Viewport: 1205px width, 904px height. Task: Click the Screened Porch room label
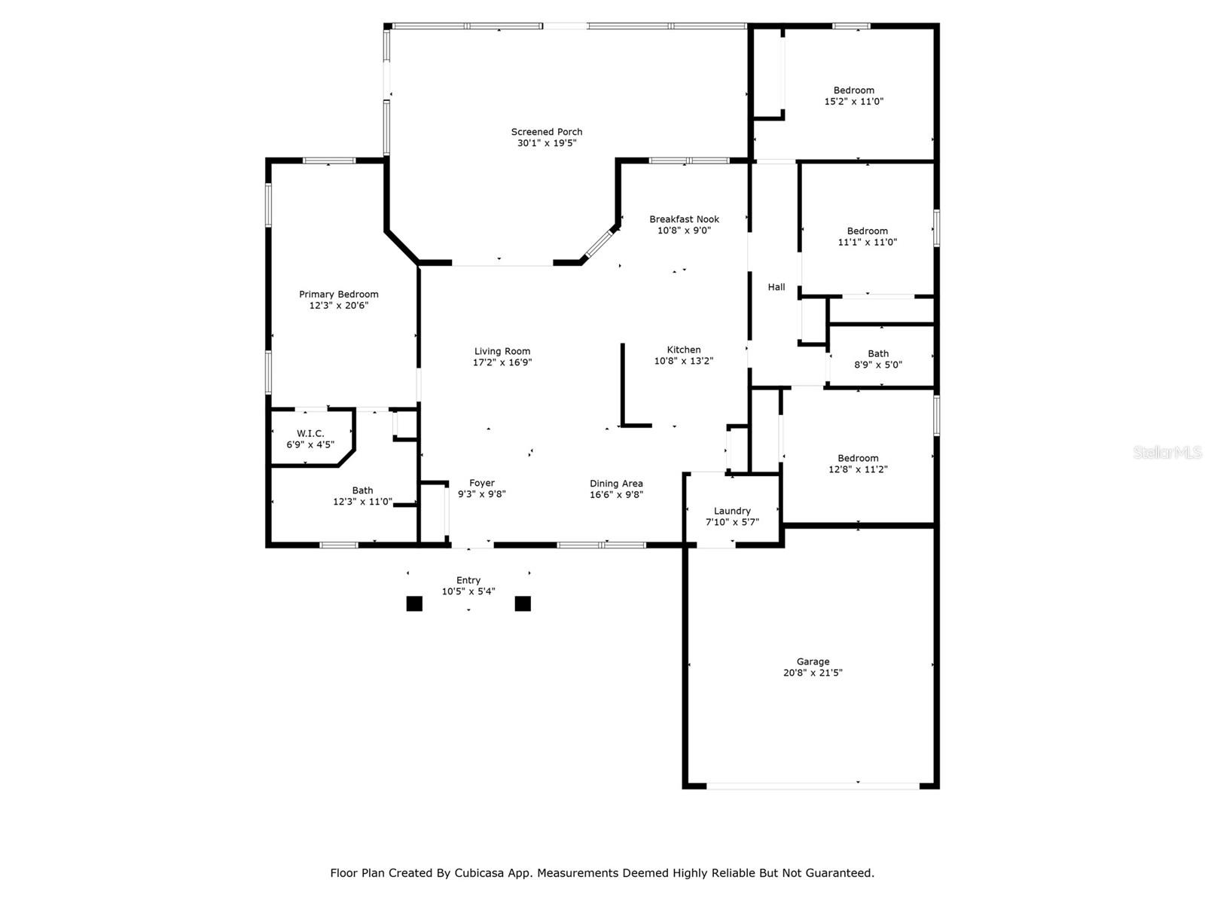tap(546, 132)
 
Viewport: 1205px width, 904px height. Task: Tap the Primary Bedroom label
tap(338, 295)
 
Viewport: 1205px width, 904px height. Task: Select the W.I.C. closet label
tap(310, 434)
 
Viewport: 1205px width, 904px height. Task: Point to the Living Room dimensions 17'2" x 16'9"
tap(502, 362)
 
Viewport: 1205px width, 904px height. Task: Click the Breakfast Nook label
tap(684, 219)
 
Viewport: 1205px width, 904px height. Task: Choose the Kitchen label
tap(684, 350)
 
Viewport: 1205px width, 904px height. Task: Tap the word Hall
tap(776, 286)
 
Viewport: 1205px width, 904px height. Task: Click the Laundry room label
tap(732, 511)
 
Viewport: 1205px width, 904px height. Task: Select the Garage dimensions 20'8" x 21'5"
tap(813, 673)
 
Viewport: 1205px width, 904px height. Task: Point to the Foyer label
tap(481, 483)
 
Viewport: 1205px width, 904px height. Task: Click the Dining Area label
tap(616, 484)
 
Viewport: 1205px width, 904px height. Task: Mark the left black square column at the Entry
tap(414, 603)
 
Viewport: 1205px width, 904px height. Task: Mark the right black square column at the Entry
tap(523, 603)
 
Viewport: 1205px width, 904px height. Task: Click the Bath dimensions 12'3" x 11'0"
tap(362, 502)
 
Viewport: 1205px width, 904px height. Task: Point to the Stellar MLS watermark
tap(1167, 452)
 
